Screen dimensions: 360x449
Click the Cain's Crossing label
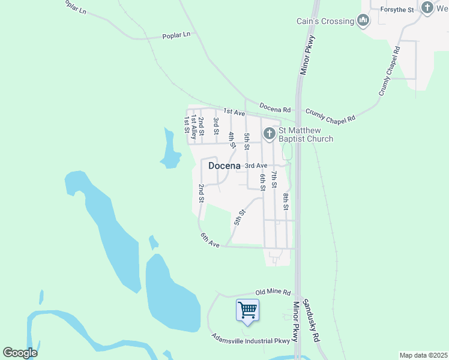pos(325,22)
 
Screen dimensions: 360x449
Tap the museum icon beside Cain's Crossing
pos(363,22)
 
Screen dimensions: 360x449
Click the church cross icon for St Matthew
pos(270,133)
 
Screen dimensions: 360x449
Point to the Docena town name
pos(224,166)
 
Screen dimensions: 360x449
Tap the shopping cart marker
pos(247,310)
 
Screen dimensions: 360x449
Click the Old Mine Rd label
pos(273,292)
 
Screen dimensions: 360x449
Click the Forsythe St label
pos(392,10)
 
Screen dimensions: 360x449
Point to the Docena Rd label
pos(276,109)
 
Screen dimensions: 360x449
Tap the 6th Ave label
pos(211,239)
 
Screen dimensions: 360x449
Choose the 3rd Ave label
pos(256,166)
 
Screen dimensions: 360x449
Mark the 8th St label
pos(286,201)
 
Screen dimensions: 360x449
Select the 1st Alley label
pos(194,124)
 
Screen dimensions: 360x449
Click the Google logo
pos(20,353)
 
